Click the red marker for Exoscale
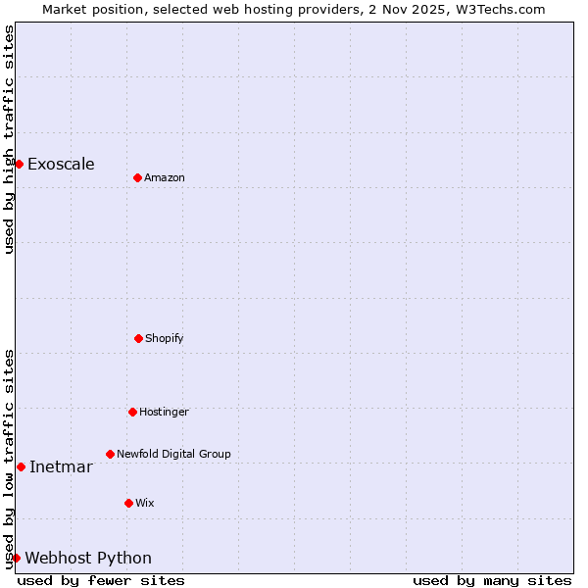tap(19, 164)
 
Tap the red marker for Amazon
tap(137, 177)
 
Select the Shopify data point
tap(138, 338)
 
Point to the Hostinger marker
tap(132, 412)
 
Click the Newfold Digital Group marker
tap(110, 454)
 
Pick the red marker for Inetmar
tap(21, 466)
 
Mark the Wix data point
tap(128, 503)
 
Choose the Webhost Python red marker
tap(16, 558)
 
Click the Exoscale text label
tap(61, 164)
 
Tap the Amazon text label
tap(165, 177)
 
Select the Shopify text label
tap(165, 338)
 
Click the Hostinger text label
tap(164, 412)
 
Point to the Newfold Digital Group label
tap(173, 454)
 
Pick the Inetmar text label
tap(61, 466)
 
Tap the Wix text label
tap(145, 503)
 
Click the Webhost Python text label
tap(88, 558)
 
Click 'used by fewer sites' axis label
tap(101, 580)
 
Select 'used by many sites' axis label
tap(492, 580)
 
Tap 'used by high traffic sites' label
tap(9, 139)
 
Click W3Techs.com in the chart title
tap(497, 9)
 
